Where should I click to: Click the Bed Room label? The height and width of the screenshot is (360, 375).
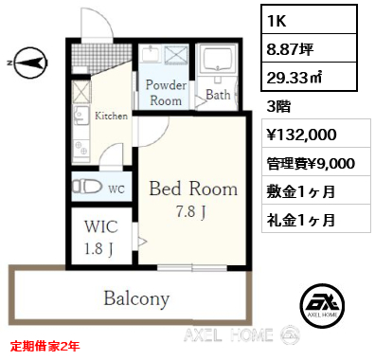click(193, 189)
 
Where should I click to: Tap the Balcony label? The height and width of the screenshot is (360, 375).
click(136, 298)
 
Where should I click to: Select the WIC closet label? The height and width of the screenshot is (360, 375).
click(101, 226)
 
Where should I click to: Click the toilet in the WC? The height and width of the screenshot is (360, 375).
click(87, 187)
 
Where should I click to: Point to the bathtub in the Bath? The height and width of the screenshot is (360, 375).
click(218, 60)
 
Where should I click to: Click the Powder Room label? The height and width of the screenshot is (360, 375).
click(166, 93)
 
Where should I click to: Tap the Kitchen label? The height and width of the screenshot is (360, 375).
click(112, 116)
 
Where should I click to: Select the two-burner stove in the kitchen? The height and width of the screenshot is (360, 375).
click(81, 148)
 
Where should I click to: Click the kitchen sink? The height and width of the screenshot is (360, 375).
click(81, 115)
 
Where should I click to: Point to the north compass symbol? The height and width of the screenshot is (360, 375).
click(28, 63)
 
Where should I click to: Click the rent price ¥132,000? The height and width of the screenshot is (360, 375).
click(302, 135)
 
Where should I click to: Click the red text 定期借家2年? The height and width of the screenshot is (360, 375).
click(45, 347)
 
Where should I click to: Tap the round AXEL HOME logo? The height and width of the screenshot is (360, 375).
click(322, 305)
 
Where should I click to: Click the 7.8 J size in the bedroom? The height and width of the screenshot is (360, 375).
click(191, 211)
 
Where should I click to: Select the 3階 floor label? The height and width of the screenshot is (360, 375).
click(278, 107)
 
